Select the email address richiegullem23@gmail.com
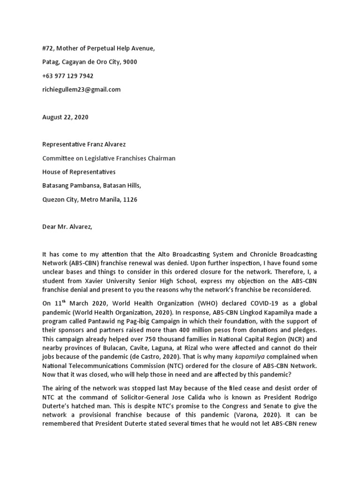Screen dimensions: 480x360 81,89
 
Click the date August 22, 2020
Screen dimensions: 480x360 65,117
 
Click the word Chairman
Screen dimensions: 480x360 160,158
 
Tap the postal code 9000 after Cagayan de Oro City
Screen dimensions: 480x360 129,62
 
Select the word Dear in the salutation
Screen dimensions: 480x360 50,227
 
